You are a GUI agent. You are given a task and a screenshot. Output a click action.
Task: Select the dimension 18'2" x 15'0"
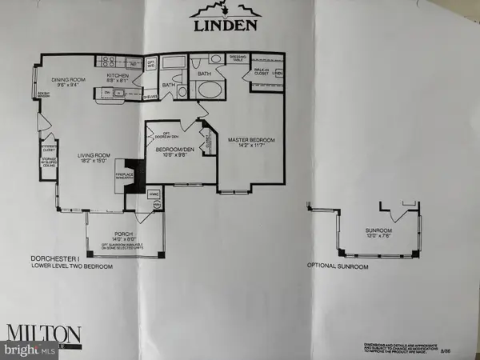(90, 161)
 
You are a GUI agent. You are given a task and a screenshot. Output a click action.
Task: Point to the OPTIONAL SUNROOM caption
(338, 266)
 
